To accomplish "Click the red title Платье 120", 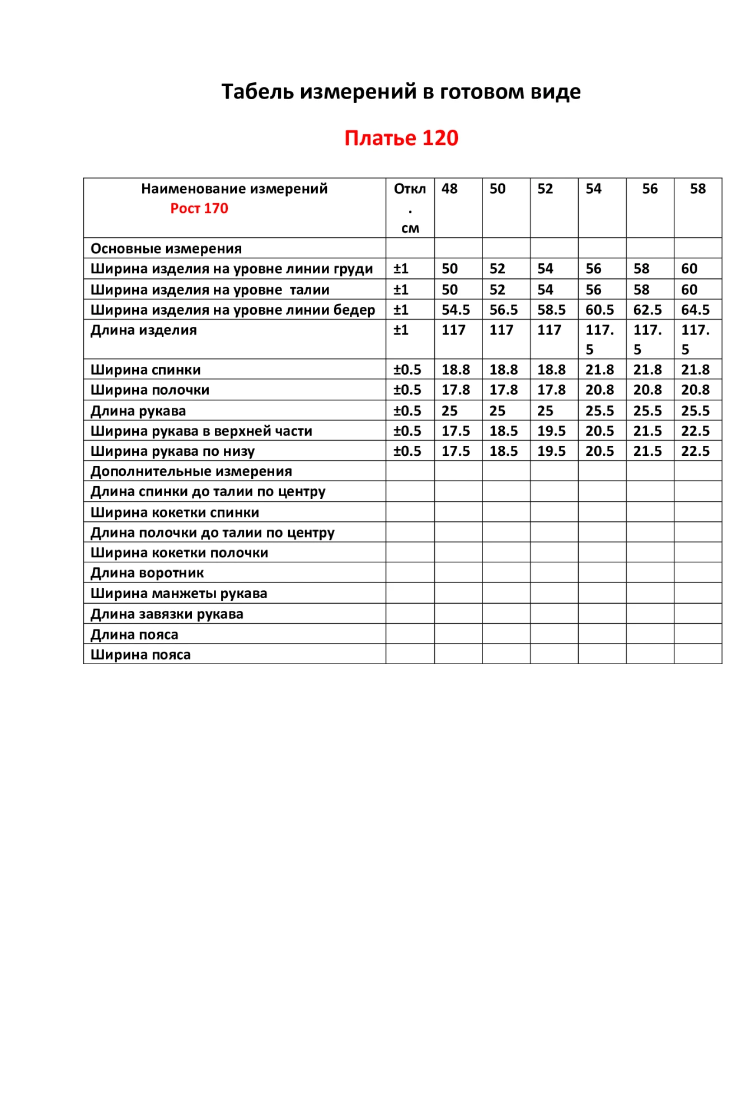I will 401,138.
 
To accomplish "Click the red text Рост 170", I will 199,208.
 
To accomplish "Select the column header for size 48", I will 449,189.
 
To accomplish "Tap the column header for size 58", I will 697,189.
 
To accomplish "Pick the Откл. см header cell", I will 410,208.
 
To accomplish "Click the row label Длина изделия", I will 144,330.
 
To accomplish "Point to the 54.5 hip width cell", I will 456,310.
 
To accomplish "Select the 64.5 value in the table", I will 695,310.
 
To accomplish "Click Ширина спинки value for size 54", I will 599,370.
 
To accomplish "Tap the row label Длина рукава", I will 138,410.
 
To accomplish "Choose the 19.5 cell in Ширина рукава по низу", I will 551,451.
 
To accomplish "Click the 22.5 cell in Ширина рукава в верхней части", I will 695,431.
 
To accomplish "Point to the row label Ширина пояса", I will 140,655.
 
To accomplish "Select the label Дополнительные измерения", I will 191,471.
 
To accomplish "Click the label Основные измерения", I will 166,248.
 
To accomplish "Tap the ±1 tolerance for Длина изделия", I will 401,330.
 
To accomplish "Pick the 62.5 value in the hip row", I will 648,310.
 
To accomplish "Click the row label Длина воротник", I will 147,573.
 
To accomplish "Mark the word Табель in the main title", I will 257,91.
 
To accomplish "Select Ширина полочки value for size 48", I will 456,390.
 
